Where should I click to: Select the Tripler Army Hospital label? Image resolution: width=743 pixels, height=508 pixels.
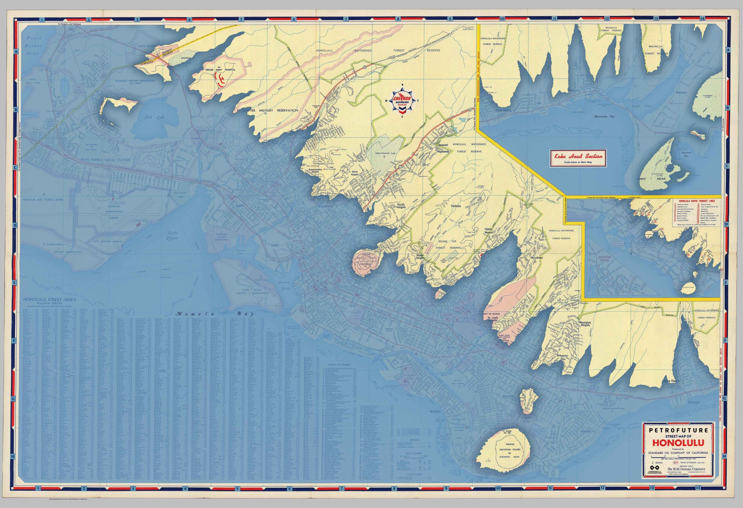220,69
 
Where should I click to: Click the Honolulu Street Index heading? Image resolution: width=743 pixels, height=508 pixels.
50,300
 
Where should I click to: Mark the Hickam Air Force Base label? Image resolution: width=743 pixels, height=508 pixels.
43,199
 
